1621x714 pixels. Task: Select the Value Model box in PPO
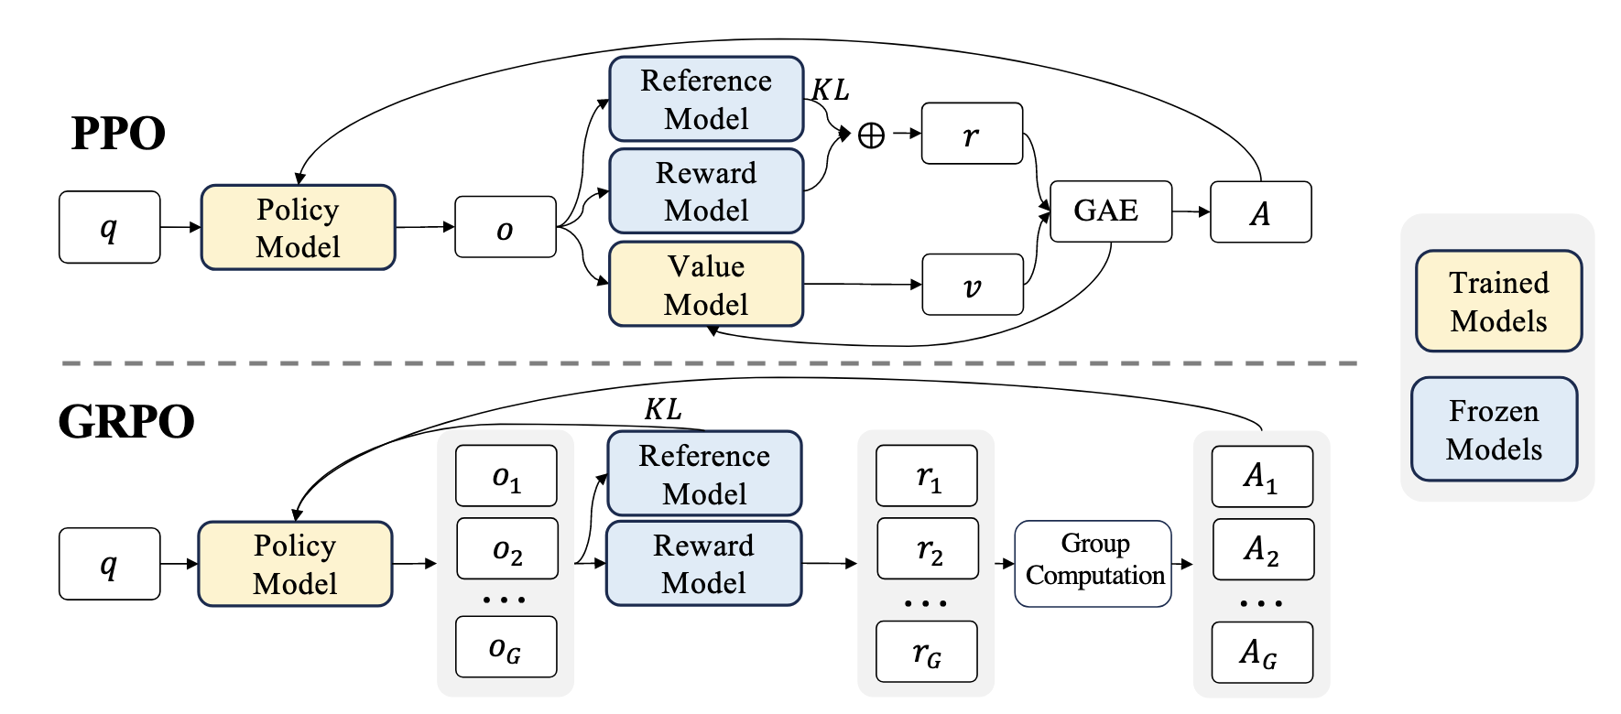[x=706, y=284]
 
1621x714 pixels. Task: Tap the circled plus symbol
[x=871, y=135]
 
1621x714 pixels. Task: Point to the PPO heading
[x=118, y=133]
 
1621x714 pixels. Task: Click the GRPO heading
[x=126, y=421]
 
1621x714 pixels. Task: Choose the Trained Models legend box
[x=1498, y=301]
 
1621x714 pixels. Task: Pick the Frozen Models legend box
[x=1494, y=429]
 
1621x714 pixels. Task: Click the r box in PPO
[x=972, y=134]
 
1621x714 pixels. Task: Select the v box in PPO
[x=972, y=285]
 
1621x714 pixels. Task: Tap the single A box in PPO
[x=1260, y=212]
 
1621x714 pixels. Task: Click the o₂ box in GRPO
[x=507, y=549]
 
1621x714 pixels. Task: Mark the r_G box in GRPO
[x=927, y=652]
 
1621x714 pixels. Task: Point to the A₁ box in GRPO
[x=1261, y=476]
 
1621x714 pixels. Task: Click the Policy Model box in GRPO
[x=295, y=564]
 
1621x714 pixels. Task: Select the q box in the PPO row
[x=109, y=227]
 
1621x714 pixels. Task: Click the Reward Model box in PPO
[x=706, y=191]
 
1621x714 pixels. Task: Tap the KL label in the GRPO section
[x=663, y=409]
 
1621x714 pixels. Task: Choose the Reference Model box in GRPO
[x=704, y=474]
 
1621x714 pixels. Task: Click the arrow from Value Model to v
[x=862, y=285]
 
